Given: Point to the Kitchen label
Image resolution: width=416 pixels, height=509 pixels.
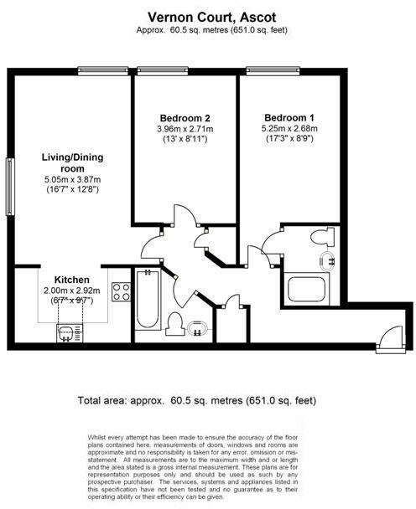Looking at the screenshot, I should (x=72, y=280).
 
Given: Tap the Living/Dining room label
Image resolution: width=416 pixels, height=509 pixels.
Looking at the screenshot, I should (x=70, y=162).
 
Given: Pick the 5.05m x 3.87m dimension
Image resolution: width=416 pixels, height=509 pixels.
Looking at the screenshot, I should (x=71, y=179).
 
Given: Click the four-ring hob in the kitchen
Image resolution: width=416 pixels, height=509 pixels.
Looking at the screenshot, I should (x=120, y=291).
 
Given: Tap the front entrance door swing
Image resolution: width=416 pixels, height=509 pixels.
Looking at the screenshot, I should (x=387, y=338).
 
